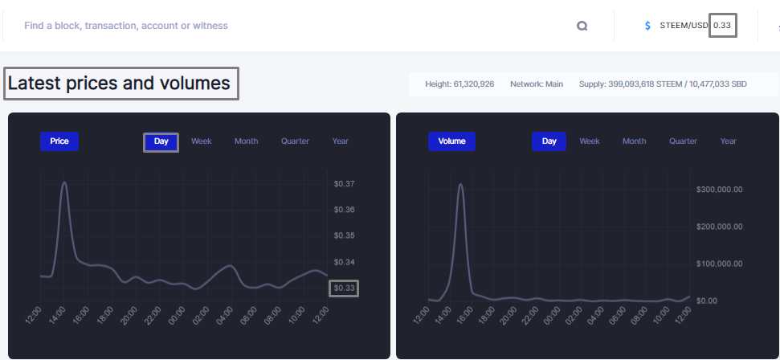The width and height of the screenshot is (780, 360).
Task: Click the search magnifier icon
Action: pos(582,26)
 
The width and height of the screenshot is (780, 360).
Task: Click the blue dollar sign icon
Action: pos(647,26)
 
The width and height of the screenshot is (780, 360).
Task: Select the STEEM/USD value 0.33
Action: pos(722,26)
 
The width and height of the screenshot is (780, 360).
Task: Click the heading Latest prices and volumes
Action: pos(119,83)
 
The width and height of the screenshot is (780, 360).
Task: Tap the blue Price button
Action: pos(59,141)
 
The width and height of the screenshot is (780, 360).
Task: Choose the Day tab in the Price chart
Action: pos(161,141)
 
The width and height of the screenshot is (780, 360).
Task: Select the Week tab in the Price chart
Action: pos(202,141)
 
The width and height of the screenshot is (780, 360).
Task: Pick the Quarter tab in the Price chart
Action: pos(295,141)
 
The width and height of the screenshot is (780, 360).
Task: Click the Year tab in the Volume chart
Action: pos(729,141)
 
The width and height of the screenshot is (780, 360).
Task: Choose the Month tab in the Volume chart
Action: pos(635,141)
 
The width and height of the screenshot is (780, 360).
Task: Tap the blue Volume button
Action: pos(451,141)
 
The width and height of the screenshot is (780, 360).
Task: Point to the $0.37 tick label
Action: pos(345,184)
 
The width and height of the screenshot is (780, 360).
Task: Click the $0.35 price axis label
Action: pos(345,235)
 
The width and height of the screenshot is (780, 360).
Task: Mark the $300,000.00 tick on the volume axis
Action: pos(719,190)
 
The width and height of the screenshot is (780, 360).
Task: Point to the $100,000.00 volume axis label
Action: pos(719,264)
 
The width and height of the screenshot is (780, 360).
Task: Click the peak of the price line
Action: pos(64,182)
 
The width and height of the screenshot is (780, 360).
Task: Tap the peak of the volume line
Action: pos(460,184)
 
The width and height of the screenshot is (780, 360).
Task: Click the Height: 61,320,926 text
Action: pos(459,84)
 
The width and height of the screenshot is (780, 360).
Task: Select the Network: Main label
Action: pos(537,84)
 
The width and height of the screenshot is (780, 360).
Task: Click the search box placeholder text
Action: pos(126,26)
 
